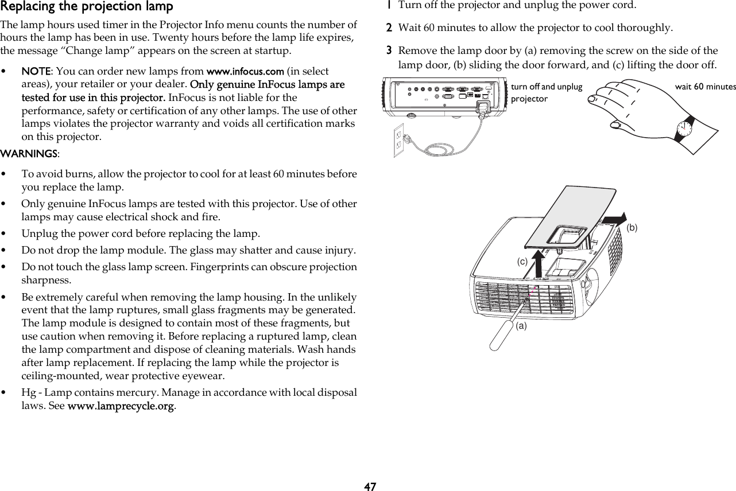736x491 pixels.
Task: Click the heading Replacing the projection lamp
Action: (x=86, y=7)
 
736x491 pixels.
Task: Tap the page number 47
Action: (x=370, y=486)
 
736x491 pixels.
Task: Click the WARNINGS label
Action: (x=29, y=154)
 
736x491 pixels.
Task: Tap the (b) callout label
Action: (x=632, y=228)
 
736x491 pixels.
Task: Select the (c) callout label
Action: (x=522, y=260)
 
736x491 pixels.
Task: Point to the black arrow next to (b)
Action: (x=614, y=217)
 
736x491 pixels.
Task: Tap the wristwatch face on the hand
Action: (x=683, y=131)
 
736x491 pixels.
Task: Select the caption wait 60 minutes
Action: (x=705, y=87)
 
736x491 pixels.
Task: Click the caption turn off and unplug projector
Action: (x=546, y=92)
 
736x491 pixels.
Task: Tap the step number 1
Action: (x=389, y=6)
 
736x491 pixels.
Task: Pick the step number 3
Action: (x=389, y=50)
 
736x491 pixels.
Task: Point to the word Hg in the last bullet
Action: (x=27, y=392)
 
